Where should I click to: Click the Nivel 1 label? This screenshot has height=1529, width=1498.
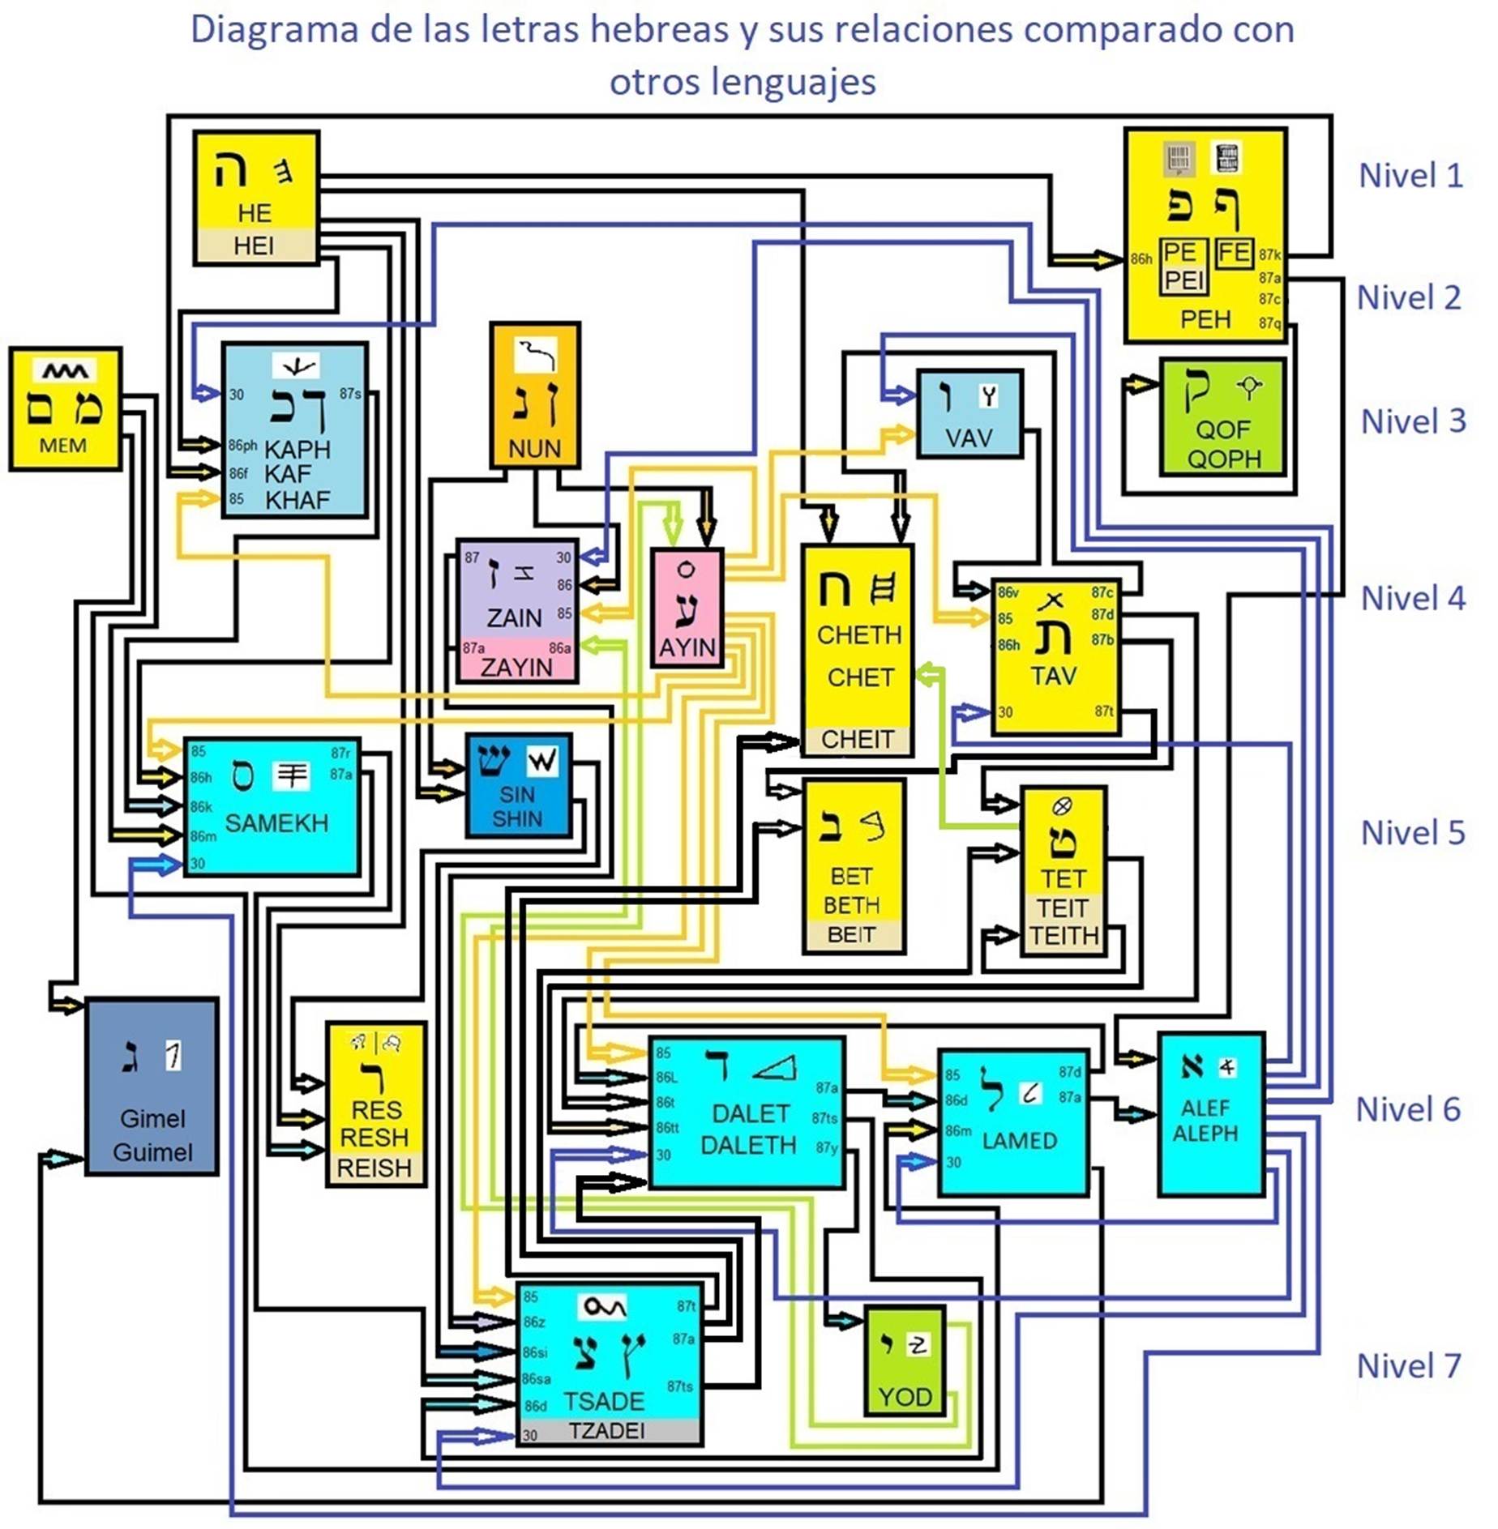tap(1410, 176)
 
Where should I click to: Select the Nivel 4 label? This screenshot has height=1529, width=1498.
tap(1413, 599)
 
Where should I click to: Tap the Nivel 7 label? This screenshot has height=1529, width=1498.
tap(1409, 1366)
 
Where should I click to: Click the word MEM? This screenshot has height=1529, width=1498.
tap(63, 446)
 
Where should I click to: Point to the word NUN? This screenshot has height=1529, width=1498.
tap(534, 448)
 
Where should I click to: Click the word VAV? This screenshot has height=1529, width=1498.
tap(969, 438)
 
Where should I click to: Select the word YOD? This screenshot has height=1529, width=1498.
tap(905, 1397)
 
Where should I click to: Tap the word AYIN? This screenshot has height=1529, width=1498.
tap(687, 647)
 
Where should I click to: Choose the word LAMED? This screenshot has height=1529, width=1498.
tap(1019, 1141)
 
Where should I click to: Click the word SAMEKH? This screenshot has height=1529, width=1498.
tap(276, 823)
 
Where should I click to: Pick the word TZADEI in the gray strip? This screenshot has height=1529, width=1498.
tap(606, 1431)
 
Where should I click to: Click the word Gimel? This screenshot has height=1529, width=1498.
tap(152, 1119)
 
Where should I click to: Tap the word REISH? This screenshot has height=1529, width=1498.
tap(374, 1168)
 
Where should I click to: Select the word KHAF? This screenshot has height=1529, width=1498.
tap(297, 500)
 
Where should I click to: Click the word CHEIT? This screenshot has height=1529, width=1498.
tap(858, 739)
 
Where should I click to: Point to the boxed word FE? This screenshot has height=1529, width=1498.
tap(1234, 253)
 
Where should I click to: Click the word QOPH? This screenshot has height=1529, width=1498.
tap(1224, 459)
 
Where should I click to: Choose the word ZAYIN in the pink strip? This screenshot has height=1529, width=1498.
tap(516, 667)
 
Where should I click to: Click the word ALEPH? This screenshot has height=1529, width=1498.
tap(1205, 1133)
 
